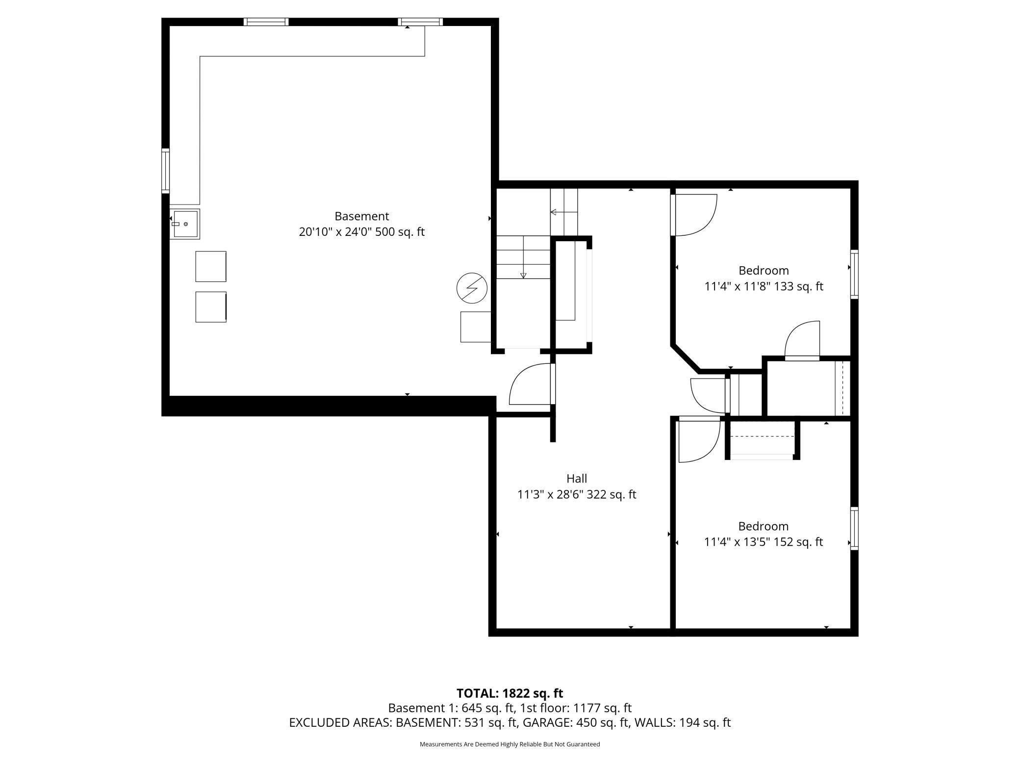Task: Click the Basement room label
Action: tap(361, 216)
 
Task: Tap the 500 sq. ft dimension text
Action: tap(400, 232)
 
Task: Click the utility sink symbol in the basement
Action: tap(185, 224)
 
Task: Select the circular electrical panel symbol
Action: tap(471, 288)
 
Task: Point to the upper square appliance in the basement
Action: tap(211, 266)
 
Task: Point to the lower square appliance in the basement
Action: tap(211, 307)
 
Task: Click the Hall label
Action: tap(576, 478)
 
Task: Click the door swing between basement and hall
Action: tap(531, 385)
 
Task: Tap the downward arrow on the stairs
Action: tap(523, 275)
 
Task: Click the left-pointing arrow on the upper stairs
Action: tap(554, 212)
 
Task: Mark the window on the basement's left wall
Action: tap(166, 171)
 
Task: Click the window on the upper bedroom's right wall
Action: tap(854, 274)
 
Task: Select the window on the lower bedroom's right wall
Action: tap(854, 528)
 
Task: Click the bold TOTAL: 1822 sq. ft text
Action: tap(510, 693)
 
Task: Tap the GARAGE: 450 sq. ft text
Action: tap(575, 722)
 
